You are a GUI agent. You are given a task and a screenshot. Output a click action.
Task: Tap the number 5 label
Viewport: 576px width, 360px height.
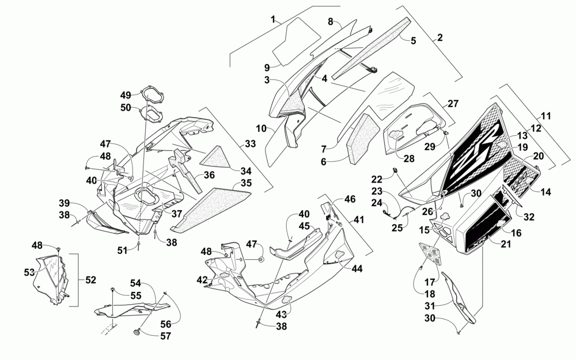(413, 40)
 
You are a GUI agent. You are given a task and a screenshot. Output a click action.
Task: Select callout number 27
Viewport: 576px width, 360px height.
(453, 104)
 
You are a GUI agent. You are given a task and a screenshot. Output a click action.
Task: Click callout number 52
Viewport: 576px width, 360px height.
(90, 279)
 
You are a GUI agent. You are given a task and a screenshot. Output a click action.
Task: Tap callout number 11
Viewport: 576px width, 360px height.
(545, 116)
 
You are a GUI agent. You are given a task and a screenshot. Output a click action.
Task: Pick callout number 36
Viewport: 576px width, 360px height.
(209, 175)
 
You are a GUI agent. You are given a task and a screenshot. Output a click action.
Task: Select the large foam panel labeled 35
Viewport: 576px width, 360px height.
(210, 207)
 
